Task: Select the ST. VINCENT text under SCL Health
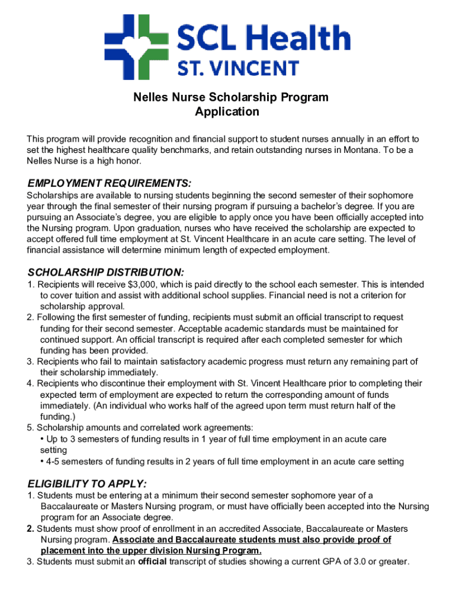point(239,68)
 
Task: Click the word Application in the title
point(227,111)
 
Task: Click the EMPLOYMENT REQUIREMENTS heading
point(110,183)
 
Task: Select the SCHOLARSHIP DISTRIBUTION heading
point(106,272)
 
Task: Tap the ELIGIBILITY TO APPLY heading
point(87,483)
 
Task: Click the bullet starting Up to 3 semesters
point(213,439)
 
